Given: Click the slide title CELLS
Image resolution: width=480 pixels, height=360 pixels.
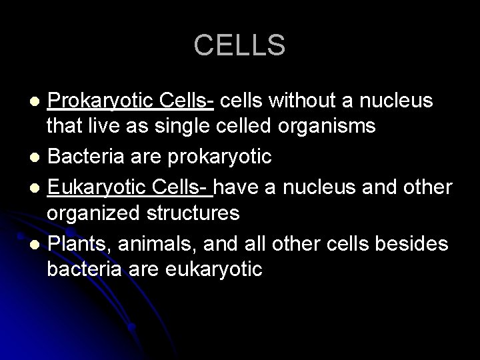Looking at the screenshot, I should [239, 45].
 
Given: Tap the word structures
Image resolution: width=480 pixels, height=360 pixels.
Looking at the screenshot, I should [195, 214].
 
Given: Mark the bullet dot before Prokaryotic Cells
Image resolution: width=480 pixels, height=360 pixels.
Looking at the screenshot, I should [37, 101].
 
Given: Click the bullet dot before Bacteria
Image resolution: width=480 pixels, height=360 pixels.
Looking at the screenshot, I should [37, 158].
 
